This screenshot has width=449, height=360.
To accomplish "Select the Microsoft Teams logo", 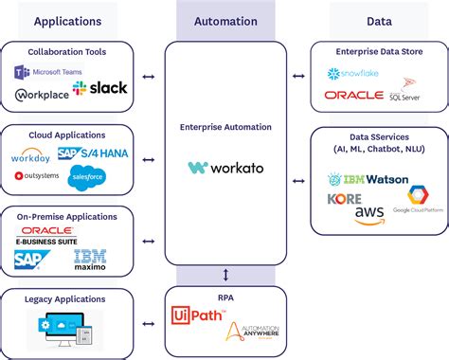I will pos(48,72).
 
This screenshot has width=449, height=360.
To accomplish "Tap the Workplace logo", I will pos(41,95).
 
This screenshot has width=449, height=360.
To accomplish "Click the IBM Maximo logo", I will pos(91,259).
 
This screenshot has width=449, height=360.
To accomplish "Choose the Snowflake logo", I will pos(353,74).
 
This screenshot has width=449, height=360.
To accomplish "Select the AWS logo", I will pos(369,215).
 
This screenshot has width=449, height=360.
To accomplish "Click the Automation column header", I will pos(224,20).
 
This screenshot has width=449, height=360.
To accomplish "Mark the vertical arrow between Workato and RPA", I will pos(224,275).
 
